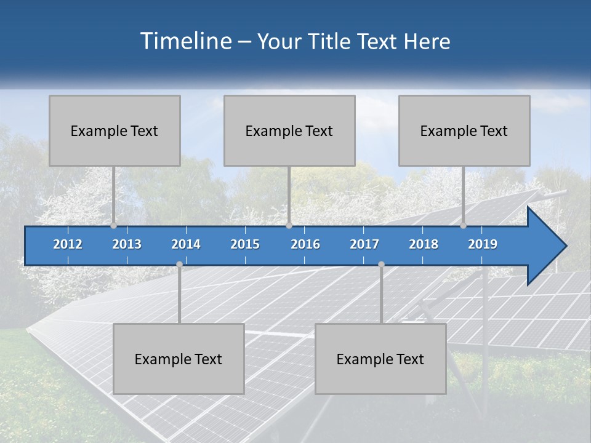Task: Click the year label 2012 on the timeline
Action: pyautogui.click(x=68, y=244)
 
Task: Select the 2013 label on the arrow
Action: pyautogui.click(x=127, y=244)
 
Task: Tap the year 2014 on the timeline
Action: pyautogui.click(x=186, y=244)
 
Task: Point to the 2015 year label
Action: pyautogui.click(x=245, y=244)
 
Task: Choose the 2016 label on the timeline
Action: pyautogui.click(x=305, y=244)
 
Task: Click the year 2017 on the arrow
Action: pyautogui.click(x=364, y=244)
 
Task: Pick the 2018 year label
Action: pyautogui.click(x=424, y=244)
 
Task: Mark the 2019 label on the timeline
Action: pyautogui.click(x=483, y=244)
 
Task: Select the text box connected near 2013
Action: pyautogui.click(x=115, y=130)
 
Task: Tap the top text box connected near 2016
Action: pyautogui.click(x=289, y=130)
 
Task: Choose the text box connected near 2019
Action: pyautogui.click(x=464, y=130)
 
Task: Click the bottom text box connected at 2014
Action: pyautogui.click(x=179, y=359)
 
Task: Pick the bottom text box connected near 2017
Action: pyautogui.click(x=380, y=359)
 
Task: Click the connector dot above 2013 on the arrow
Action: pyautogui.click(x=113, y=226)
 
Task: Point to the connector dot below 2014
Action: pyautogui.click(x=179, y=264)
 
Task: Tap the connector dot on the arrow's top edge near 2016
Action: pyautogui.click(x=289, y=226)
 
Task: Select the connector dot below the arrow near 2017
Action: pyautogui.click(x=381, y=264)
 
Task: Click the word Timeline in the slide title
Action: pyautogui.click(x=185, y=41)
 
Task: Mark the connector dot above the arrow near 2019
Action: pyautogui.click(x=463, y=226)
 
